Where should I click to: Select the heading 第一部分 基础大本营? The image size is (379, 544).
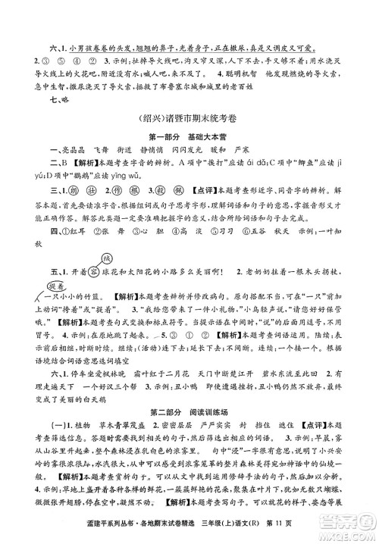click(x=190, y=138)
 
